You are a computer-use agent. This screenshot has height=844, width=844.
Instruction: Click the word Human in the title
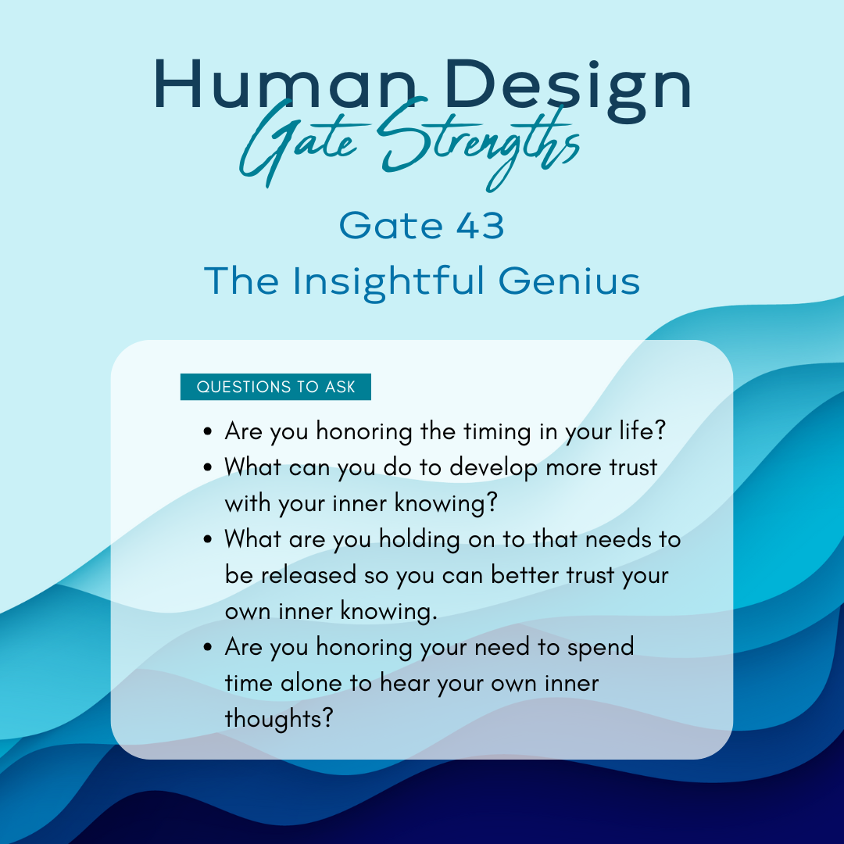click(285, 84)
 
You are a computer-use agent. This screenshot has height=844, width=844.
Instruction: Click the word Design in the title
click(568, 89)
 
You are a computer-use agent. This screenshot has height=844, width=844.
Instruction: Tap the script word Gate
click(299, 143)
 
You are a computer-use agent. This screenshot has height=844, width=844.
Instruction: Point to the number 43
click(481, 225)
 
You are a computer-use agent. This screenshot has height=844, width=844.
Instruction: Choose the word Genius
click(569, 281)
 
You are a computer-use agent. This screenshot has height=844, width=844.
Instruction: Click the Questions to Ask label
click(276, 387)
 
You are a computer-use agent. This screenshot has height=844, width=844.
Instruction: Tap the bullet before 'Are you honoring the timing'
click(209, 431)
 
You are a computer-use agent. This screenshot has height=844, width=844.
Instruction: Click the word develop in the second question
click(494, 468)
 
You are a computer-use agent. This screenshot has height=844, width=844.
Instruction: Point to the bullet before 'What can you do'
click(209, 467)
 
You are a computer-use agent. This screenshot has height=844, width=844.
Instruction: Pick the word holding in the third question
click(420, 540)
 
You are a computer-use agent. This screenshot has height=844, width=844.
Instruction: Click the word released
click(309, 575)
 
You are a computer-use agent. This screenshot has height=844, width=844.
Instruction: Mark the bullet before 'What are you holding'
click(209, 539)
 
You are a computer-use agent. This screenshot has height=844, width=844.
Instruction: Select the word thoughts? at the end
click(279, 719)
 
